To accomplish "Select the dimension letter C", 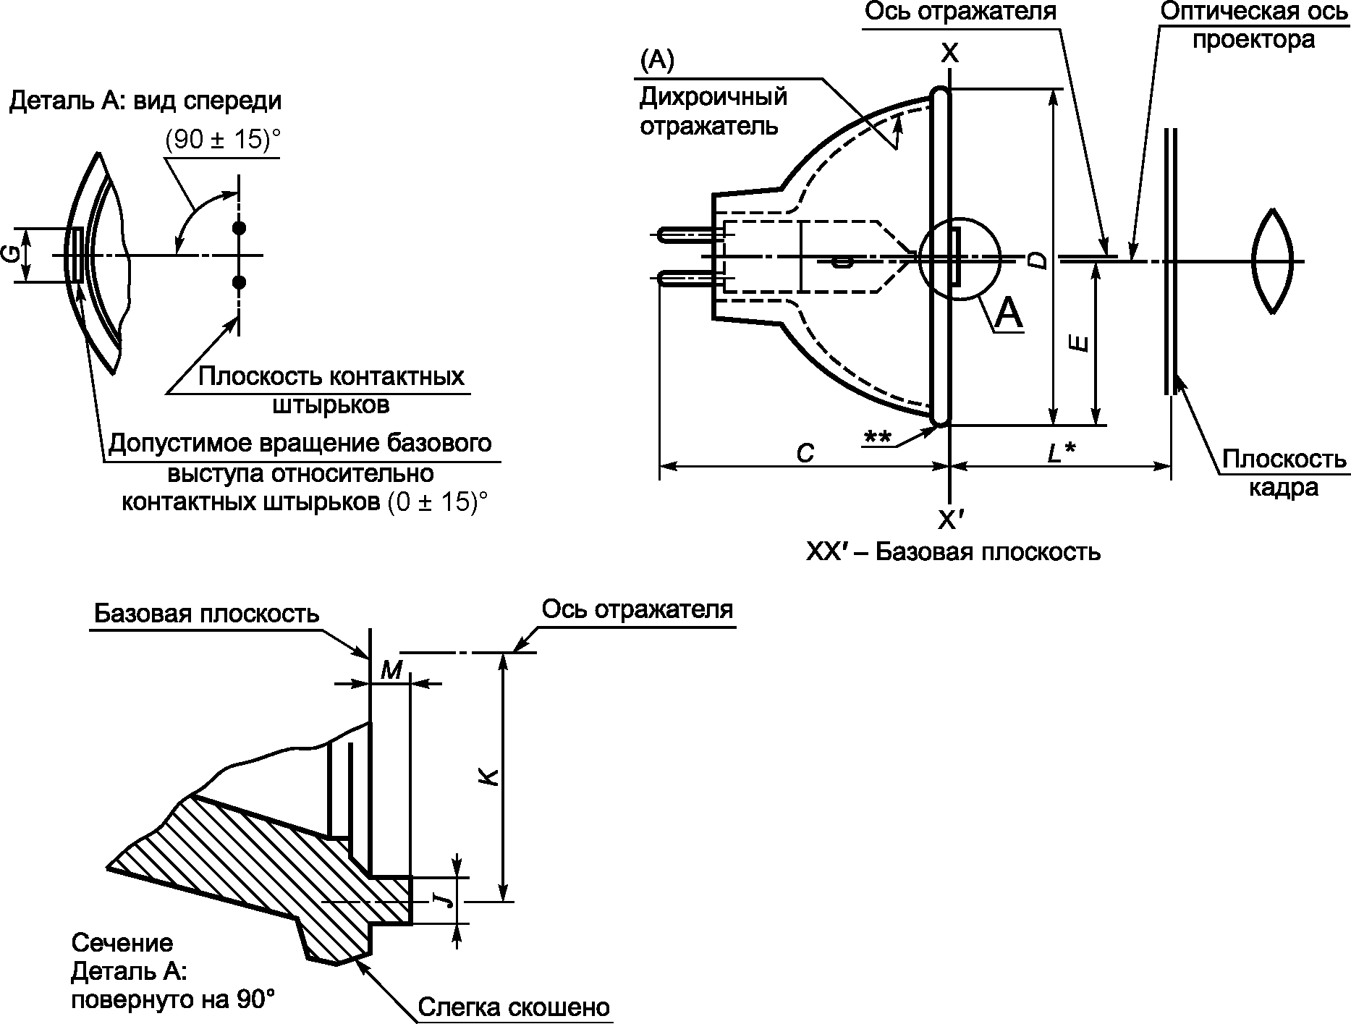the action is (804, 453).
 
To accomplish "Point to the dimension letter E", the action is (1079, 343).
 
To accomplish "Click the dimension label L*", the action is (1062, 453).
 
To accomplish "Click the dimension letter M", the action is (391, 670).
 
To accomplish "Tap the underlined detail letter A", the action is (1009, 313).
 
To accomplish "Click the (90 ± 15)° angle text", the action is (222, 139).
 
